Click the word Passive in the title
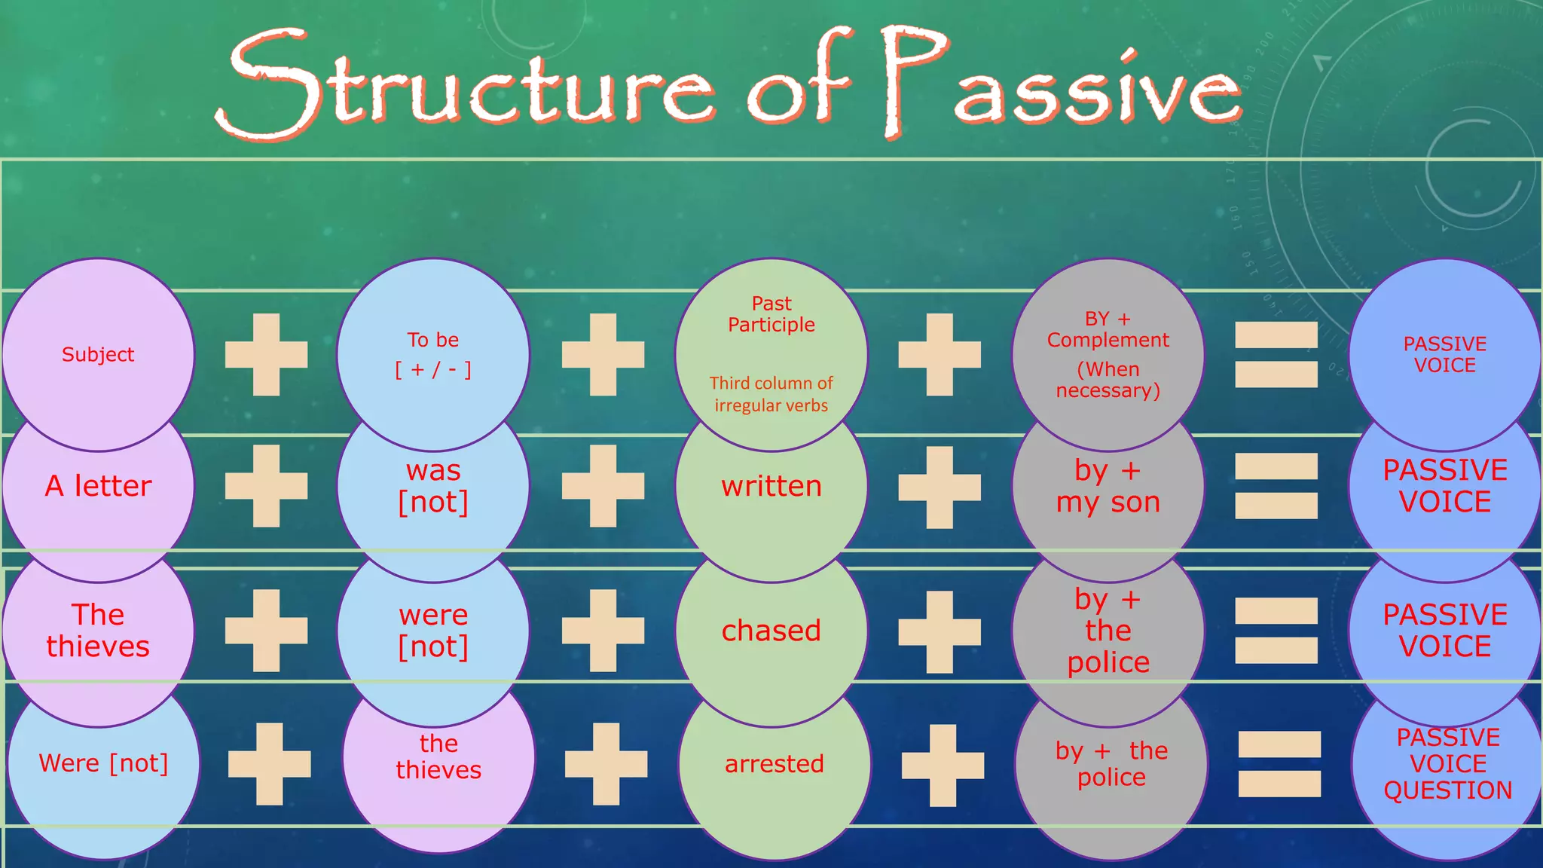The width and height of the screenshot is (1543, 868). pyautogui.click(x=1062, y=83)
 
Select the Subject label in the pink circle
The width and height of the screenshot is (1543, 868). pyautogui.click(x=98, y=354)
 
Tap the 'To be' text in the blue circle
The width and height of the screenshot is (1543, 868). pyautogui.click(x=433, y=340)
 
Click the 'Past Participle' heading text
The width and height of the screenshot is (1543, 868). pyautogui.click(x=771, y=314)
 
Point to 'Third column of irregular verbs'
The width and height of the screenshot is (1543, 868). pyautogui.click(x=771, y=394)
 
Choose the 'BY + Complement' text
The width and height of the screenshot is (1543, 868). pyautogui.click(x=1108, y=329)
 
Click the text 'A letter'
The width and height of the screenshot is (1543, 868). pyautogui.click(x=98, y=486)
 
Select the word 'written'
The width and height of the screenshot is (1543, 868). pyautogui.click(x=771, y=486)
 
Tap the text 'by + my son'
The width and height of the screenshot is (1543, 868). pyautogui.click(x=1108, y=486)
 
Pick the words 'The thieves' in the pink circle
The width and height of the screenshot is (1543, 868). pyautogui.click(x=98, y=631)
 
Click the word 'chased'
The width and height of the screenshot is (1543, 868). pyautogui.click(x=771, y=631)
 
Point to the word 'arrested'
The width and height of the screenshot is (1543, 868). pyautogui.click(x=775, y=764)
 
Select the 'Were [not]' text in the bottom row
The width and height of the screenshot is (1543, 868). pyautogui.click(x=103, y=763)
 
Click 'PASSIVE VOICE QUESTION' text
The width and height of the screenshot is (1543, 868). pyautogui.click(x=1448, y=764)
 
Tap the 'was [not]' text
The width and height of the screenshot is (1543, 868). pyautogui.click(x=433, y=486)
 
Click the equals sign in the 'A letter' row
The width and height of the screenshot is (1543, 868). pyautogui.click(x=1276, y=486)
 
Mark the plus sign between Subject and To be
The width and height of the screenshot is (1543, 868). pyautogui.click(x=267, y=355)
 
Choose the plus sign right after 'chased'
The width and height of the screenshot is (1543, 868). pyautogui.click(x=940, y=631)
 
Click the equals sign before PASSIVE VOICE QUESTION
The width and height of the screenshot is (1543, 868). pyautogui.click(x=1279, y=764)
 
